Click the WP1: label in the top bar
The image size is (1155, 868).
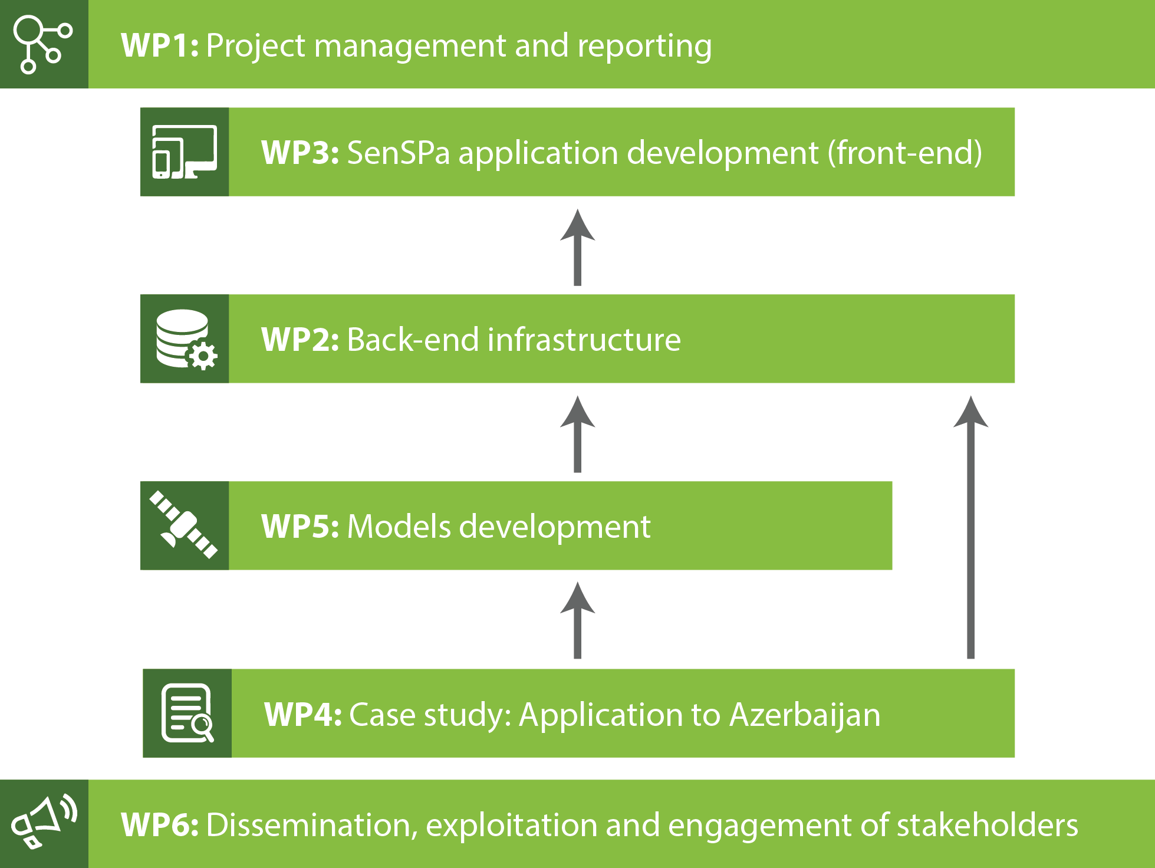coord(160,45)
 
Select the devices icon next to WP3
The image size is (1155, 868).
coord(185,152)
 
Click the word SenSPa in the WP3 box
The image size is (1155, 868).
coord(399,153)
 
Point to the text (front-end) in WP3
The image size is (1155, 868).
coord(905,153)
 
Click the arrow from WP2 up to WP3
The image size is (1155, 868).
coord(578,247)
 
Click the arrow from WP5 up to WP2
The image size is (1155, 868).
coord(578,434)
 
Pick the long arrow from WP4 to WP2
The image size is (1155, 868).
coord(971,527)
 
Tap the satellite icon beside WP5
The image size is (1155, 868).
coord(183,525)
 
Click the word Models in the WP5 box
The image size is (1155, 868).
coord(400,527)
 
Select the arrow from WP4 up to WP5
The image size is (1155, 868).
coord(578,620)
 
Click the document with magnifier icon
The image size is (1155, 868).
coord(187,713)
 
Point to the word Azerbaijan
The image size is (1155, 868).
coord(805,715)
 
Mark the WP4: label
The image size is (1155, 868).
coord(303,715)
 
